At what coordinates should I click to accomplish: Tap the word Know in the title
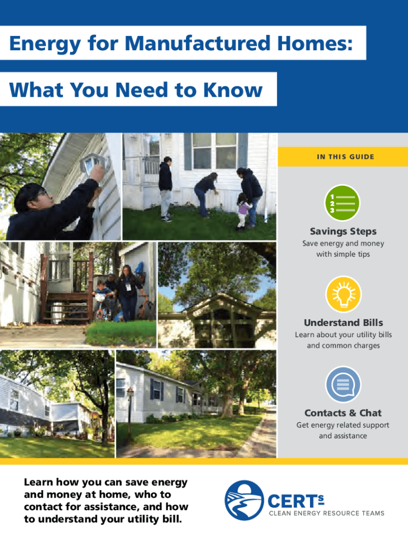pos(233,90)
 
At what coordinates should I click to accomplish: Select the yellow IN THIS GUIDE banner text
pos(345,157)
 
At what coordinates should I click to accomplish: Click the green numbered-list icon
pos(342,203)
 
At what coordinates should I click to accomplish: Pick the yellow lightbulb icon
pos(343,294)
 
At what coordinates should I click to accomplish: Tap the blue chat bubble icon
pos(343,384)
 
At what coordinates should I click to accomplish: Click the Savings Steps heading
pos(343,231)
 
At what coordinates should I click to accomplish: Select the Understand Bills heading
pos(343,322)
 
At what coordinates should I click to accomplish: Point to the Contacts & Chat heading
pos(343,413)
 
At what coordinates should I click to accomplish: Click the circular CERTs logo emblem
pos(244,500)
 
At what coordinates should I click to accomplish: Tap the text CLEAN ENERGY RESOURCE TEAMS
pos(326,513)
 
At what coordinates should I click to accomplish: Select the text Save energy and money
pos(343,243)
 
